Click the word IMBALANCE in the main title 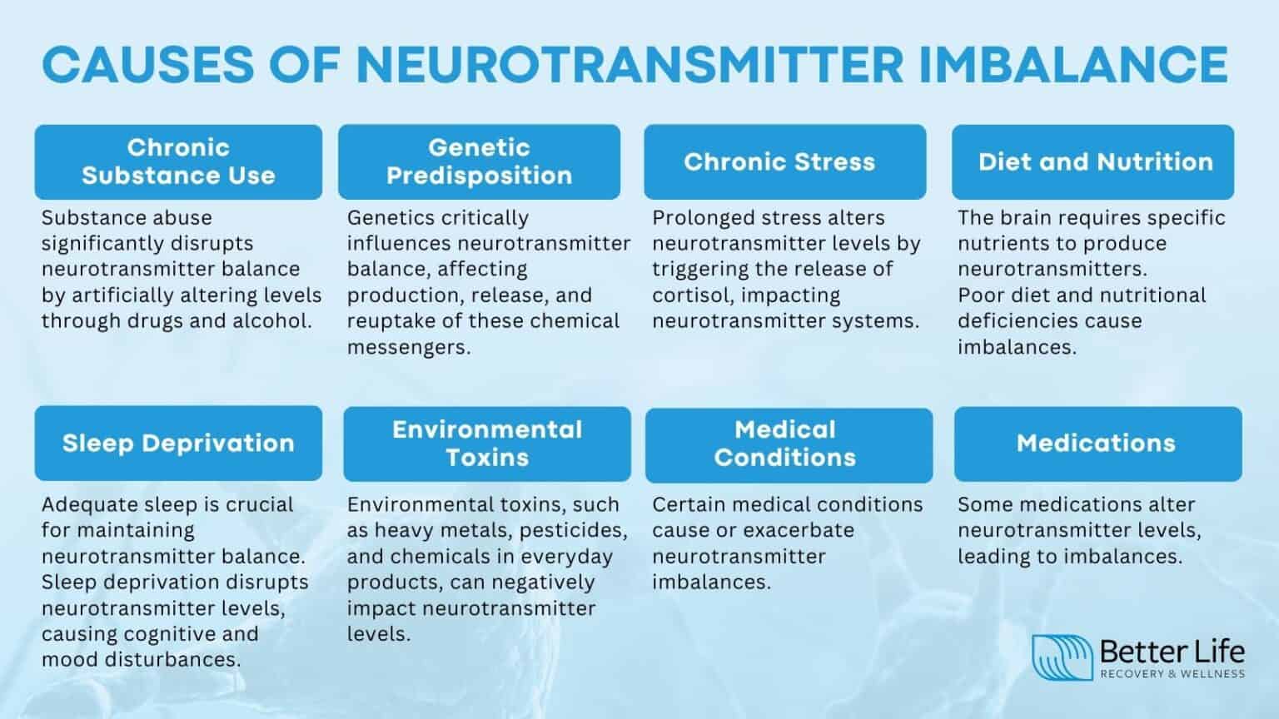1074,63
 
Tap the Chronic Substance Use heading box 178,161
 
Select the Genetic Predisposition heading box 479,161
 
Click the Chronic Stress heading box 784,161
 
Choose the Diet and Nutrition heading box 1092,161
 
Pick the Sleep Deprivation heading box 178,443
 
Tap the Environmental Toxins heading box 487,444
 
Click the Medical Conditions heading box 789,444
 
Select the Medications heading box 1097,444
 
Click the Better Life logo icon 1062,657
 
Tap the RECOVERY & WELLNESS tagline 1172,674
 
